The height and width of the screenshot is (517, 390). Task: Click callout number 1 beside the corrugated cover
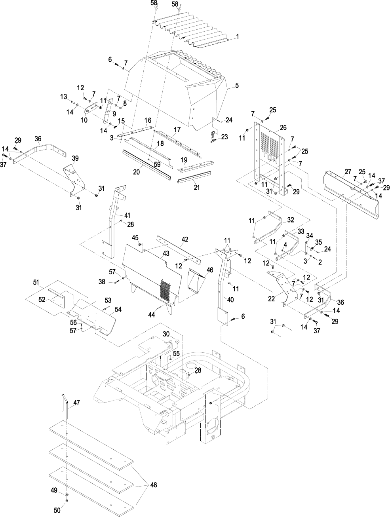coord(238,36)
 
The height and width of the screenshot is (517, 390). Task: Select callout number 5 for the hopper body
coord(237,84)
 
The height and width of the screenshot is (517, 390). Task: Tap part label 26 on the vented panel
coord(283,127)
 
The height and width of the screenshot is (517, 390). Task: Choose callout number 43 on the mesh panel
coord(166,253)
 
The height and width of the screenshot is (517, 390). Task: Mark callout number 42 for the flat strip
coord(185,239)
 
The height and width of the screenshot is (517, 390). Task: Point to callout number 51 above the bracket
coord(36,282)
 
